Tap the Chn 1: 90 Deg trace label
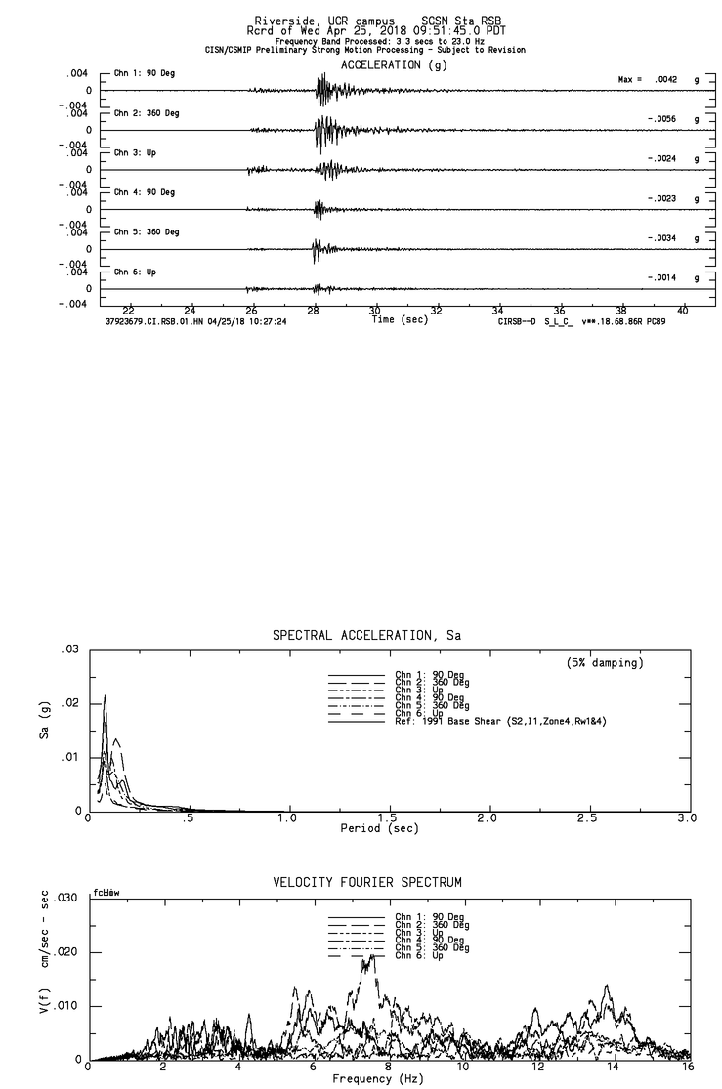(x=145, y=74)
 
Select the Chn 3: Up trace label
(x=135, y=153)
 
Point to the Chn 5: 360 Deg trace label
(x=147, y=232)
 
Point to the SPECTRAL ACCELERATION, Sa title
(x=366, y=636)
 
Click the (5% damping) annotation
(x=605, y=663)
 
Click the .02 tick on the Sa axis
(x=68, y=703)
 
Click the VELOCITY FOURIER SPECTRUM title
(x=367, y=883)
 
